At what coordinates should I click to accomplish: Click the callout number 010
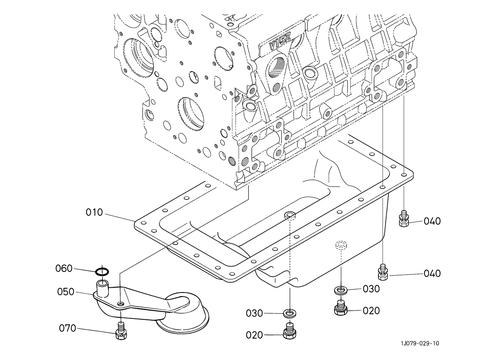pyautogui.click(x=94, y=213)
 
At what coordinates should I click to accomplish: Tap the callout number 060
pyautogui.click(x=64, y=268)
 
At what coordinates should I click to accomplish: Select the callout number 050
pyautogui.click(x=65, y=292)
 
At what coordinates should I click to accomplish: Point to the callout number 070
pyautogui.click(x=67, y=328)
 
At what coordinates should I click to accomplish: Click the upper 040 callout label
pyautogui.click(x=432, y=221)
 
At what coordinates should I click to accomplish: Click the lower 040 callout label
pyautogui.click(x=432, y=274)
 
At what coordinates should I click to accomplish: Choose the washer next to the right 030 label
pyautogui.click(x=340, y=290)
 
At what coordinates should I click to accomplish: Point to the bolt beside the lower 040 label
pyautogui.click(x=383, y=272)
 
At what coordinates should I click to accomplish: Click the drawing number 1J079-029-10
pyautogui.click(x=420, y=343)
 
